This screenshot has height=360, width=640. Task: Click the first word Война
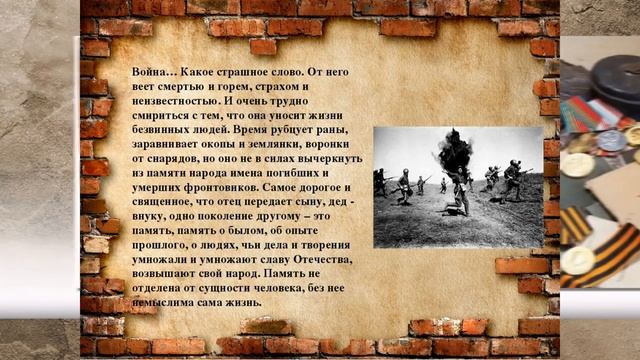pos(152,73)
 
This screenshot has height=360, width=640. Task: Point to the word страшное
pos(240,73)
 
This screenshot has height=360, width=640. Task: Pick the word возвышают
pos(166,273)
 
